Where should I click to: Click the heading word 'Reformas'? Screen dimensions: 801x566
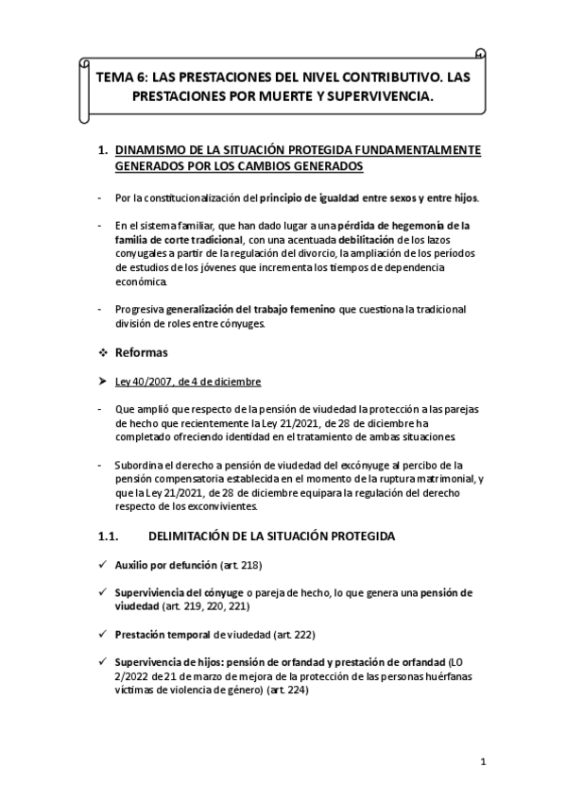[142, 351]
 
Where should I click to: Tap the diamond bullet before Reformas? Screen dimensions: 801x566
[103, 351]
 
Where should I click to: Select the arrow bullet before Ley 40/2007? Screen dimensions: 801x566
[103, 382]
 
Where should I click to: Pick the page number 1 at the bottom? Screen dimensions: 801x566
[482, 761]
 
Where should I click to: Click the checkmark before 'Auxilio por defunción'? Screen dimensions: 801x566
[102, 565]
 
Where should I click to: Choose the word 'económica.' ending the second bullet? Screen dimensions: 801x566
[143, 282]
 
